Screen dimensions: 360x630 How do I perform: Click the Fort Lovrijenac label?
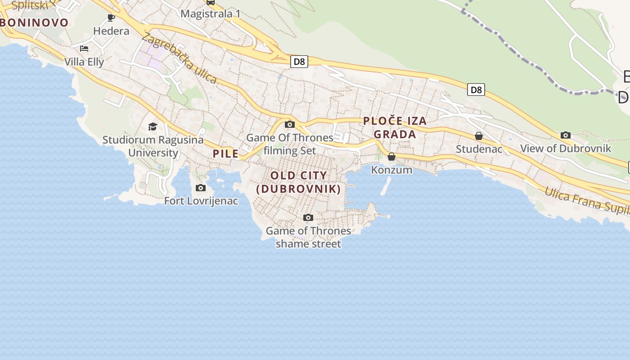tap(201, 201)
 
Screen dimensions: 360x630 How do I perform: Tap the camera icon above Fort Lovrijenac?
tap(201, 188)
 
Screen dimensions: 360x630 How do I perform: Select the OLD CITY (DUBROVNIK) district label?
tap(299, 182)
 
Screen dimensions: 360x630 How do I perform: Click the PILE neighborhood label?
tap(226, 153)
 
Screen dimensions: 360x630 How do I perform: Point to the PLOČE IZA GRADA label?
tap(395, 127)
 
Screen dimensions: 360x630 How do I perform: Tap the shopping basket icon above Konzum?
tap(391, 157)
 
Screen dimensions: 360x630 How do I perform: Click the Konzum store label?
tap(391, 170)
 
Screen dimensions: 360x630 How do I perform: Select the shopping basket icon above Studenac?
tap(479, 135)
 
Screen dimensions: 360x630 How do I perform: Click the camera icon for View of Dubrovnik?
tap(566, 135)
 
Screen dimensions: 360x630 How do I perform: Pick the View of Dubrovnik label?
tap(566, 148)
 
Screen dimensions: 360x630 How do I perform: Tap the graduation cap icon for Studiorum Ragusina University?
tap(153, 126)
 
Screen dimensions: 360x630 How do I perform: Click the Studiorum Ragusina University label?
tap(153, 146)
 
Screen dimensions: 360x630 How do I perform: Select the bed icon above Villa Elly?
tap(84, 49)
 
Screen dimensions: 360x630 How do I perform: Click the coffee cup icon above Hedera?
tap(111, 18)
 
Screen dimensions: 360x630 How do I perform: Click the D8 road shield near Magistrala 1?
tap(299, 62)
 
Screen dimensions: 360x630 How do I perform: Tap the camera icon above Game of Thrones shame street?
tap(308, 218)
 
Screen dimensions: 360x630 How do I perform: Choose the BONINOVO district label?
tap(34, 22)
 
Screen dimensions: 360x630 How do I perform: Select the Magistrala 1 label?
tap(210, 13)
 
